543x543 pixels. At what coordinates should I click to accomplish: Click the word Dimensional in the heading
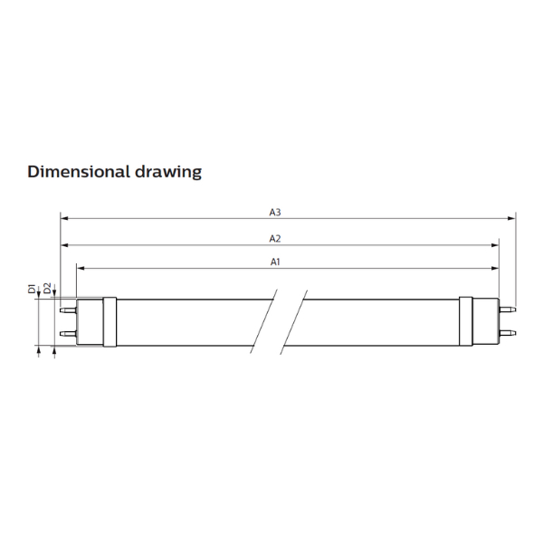[x=78, y=171]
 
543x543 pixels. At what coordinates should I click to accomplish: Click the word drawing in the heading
[x=168, y=172]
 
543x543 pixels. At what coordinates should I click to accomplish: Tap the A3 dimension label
[x=275, y=213]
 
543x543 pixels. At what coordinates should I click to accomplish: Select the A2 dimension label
[x=275, y=239]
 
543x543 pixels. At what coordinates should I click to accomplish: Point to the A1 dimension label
[x=275, y=262]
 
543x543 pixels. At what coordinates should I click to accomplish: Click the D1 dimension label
[x=32, y=289]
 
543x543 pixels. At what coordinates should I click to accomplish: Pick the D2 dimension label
[x=47, y=288]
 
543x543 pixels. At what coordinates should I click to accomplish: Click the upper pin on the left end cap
[x=68, y=310]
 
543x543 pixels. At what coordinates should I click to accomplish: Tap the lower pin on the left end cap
[x=68, y=334]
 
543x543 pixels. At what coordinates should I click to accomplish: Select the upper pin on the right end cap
[x=508, y=309]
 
